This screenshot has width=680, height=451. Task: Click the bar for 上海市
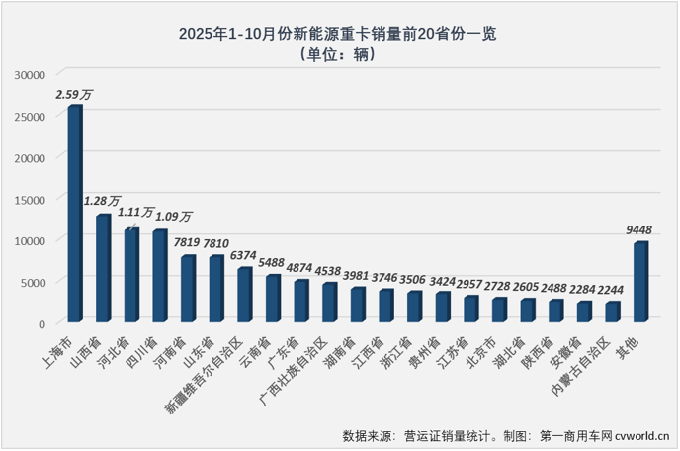click(75, 214)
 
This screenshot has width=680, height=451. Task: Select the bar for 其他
click(640, 282)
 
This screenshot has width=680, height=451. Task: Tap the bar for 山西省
click(103, 268)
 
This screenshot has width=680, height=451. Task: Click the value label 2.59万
click(75, 95)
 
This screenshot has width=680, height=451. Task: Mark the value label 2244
click(613, 291)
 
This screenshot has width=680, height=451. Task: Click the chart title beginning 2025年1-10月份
click(338, 33)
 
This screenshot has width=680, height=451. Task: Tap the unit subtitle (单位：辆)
click(338, 55)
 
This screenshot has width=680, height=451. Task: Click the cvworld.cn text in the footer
click(640, 435)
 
